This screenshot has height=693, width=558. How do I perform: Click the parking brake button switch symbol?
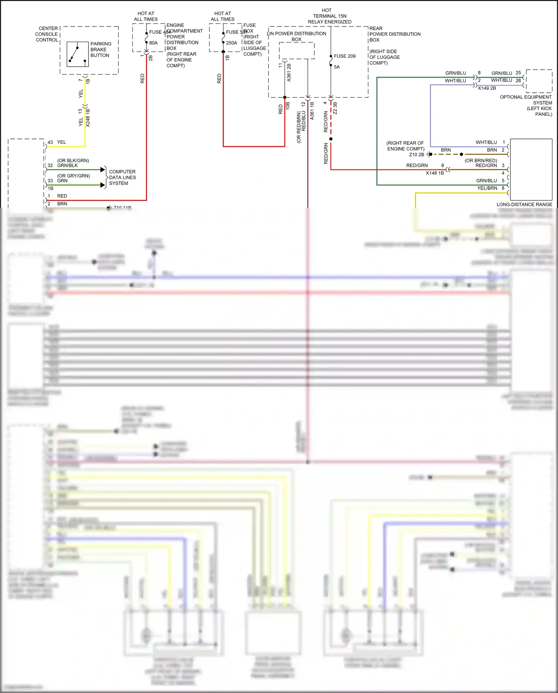(x=77, y=54)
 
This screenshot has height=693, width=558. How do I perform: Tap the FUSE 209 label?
(x=344, y=56)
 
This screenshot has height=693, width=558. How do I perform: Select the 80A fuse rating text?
(x=153, y=43)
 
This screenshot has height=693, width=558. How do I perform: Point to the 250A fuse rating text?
(x=231, y=43)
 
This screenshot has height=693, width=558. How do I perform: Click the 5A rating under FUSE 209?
(x=337, y=67)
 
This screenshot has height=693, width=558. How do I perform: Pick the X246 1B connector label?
(x=88, y=118)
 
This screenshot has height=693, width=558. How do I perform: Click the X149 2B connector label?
(x=487, y=88)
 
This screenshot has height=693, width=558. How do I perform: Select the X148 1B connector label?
(x=434, y=173)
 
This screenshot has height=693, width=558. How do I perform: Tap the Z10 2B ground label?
(x=416, y=155)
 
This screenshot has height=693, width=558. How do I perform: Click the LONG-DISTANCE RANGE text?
(x=524, y=204)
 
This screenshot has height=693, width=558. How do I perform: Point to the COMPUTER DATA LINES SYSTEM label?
(x=122, y=178)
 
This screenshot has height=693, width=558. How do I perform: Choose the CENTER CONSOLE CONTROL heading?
(x=47, y=34)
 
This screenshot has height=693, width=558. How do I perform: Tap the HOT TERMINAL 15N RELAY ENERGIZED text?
(x=330, y=16)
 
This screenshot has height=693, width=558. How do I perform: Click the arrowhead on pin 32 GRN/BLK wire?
(x=103, y=170)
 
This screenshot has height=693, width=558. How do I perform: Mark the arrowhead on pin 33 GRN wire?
(x=103, y=185)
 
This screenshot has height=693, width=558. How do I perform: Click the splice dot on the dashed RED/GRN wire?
(x=331, y=139)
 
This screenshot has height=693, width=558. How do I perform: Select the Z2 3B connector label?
(x=335, y=108)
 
